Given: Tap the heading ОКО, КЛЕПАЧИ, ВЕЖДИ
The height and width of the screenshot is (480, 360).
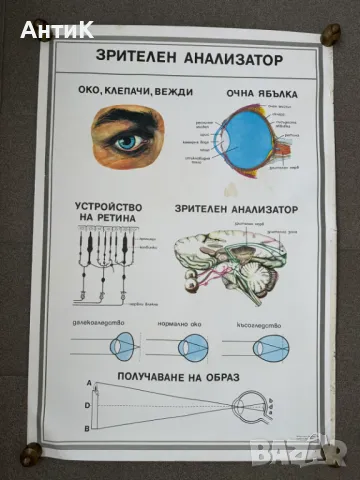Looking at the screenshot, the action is [x=122, y=92].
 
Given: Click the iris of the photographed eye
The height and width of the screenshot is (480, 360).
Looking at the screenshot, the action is [x=127, y=143].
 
